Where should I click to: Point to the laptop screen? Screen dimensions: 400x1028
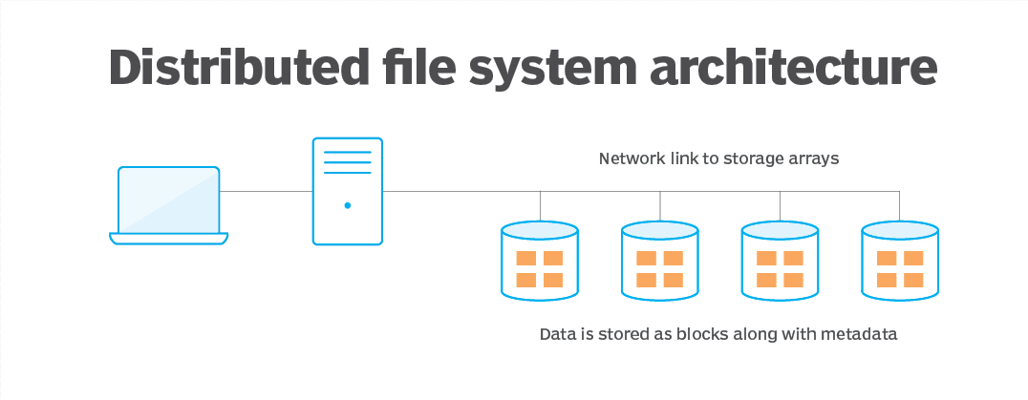(168, 200)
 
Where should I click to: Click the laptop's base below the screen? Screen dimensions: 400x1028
(168, 238)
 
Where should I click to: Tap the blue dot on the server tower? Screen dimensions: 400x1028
(347, 205)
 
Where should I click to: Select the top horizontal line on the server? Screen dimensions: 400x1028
(347, 153)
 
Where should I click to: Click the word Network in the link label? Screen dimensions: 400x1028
(632, 158)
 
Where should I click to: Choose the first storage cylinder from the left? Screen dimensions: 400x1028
(540, 263)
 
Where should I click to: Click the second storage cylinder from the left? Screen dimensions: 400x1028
(660, 263)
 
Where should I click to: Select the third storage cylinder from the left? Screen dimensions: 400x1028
(781, 263)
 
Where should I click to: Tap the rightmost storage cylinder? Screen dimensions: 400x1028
(900, 263)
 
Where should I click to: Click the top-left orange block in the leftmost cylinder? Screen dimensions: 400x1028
(526, 259)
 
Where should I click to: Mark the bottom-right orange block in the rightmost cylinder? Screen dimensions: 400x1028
(913, 280)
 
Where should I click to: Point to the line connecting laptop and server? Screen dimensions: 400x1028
(266, 191)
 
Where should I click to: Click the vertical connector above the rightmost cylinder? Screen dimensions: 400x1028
(900, 205)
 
